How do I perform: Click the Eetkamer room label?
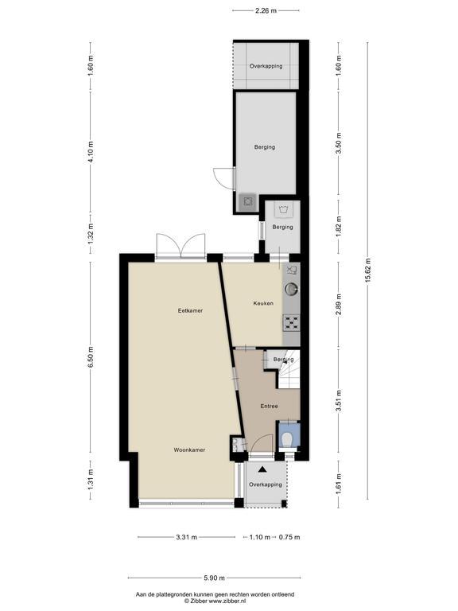(190, 310)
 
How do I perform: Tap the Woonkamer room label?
(189, 449)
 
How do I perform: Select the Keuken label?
(263, 303)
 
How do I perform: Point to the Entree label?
(269, 406)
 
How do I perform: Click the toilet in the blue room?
(288, 440)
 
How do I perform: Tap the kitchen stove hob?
(291, 323)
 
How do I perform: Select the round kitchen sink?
(291, 289)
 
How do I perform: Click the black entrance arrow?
(263, 469)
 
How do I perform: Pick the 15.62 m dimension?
(367, 270)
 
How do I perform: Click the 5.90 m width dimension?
(214, 578)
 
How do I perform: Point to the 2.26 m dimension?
(266, 11)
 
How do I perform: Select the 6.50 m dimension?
(91, 357)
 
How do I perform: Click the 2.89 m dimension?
(339, 305)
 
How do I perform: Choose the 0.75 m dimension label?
(289, 537)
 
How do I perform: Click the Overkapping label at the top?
(266, 66)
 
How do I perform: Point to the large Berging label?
(265, 147)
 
